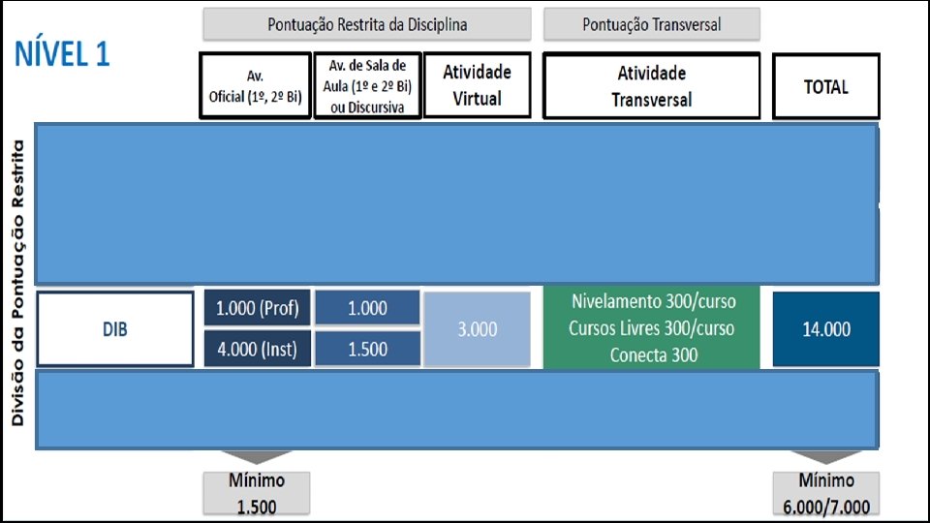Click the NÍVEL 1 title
coord(62,55)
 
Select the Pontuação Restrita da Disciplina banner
coord(366,24)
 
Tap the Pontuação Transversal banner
coord(651,24)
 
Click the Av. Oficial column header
coord(256,85)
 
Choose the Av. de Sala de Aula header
coord(367,85)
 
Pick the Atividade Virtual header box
coord(478,85)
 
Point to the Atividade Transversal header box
coord(651,85)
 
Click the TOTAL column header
coord(825,86)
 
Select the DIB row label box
coord(115,329)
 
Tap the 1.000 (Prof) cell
coord(257,309)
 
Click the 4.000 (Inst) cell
coord(257,349)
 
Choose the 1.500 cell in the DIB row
coord(367,349)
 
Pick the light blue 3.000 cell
coord(477,329)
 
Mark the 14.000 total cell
coord(826,329)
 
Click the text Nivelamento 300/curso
coord(653,301)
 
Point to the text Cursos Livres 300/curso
coord(653,328)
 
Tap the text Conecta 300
coord(653,355)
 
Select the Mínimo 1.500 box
coord(257,493)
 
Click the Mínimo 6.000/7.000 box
coord(826,493)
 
